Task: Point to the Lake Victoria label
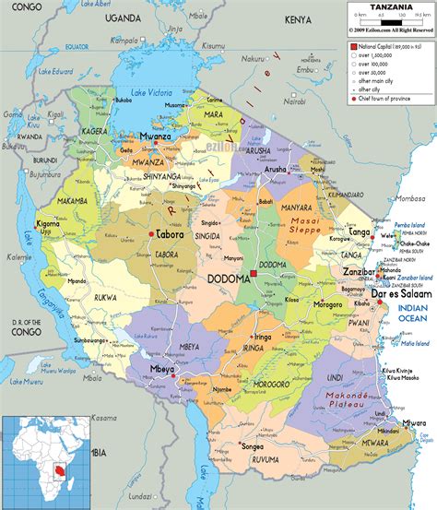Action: (152, 92)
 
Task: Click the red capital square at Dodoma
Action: (254, 276)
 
